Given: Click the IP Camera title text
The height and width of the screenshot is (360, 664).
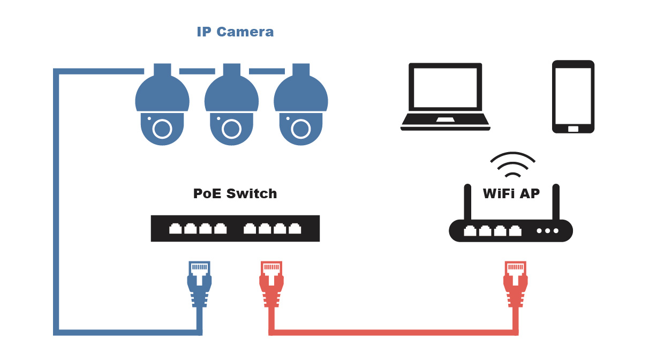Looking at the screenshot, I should point(235,32).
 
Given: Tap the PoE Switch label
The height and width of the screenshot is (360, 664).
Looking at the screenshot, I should point(235,193).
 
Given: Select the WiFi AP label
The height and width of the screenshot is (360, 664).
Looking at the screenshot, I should point(511,193).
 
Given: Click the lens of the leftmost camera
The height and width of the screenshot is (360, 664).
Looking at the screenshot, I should point(162,129).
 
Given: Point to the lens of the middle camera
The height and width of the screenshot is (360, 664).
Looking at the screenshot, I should point(231,129).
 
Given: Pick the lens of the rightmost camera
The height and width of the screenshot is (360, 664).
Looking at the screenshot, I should point(300,129).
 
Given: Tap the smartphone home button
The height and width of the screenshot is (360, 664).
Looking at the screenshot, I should point(573,129).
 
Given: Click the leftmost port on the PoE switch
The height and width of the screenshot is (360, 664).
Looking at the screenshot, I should point(176,229).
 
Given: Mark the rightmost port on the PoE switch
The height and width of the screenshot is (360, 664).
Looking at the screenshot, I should point(295,229).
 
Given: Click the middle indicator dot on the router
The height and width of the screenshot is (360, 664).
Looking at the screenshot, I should point(547,231).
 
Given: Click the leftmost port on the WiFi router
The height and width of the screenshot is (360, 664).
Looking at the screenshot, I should point(470,231).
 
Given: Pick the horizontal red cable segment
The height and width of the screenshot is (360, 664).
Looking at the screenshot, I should point(394,332).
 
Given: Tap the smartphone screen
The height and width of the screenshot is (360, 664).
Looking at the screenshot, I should point(573,95).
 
